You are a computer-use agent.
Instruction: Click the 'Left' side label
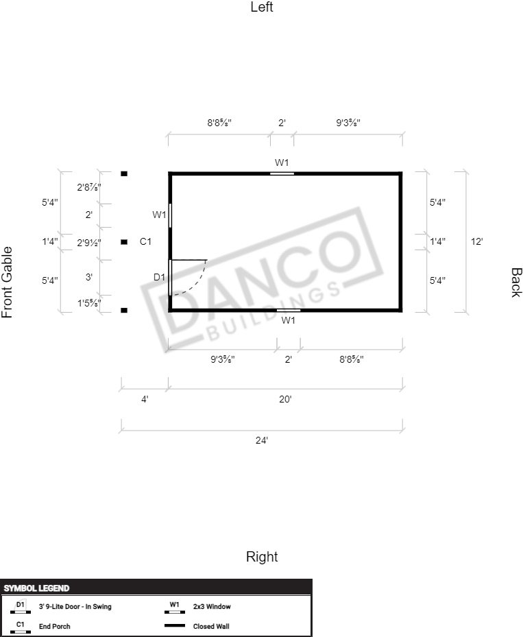[x=262, y=7]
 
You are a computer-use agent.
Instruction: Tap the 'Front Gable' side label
[x=7, y=283]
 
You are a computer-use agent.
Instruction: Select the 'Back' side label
[x=515, y=283]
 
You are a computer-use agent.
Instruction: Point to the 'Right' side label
[x=262, y=557]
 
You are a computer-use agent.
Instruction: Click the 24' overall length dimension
[x=262, y=440]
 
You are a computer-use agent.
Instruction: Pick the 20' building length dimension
[x=285, y=399]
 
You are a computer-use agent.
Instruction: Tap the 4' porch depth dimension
[x=145, y=399]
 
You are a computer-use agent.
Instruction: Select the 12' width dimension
[x=476, y=242]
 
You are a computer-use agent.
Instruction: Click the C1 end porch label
[x=145, y=242]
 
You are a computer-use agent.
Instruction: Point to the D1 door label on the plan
[x=159, y=277]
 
